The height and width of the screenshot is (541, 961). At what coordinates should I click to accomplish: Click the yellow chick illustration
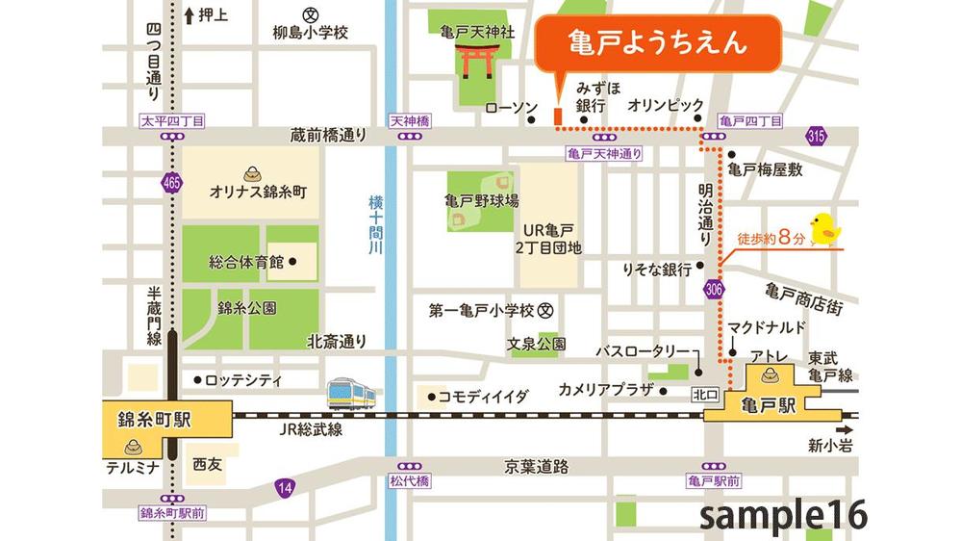(x=825, y=229)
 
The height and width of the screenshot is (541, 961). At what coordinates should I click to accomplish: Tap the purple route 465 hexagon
(x=171, y=182)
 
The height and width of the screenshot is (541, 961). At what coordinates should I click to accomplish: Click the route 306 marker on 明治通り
(x=713, y=290)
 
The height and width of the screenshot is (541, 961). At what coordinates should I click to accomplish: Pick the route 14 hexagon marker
(x=282, y=488)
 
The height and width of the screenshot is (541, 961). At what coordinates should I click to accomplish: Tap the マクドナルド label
(x=767, y=326)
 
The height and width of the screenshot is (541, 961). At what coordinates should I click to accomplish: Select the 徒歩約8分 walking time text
(x=770, y=235)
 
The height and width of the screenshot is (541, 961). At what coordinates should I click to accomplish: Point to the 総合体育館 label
(x=245, y=261)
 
